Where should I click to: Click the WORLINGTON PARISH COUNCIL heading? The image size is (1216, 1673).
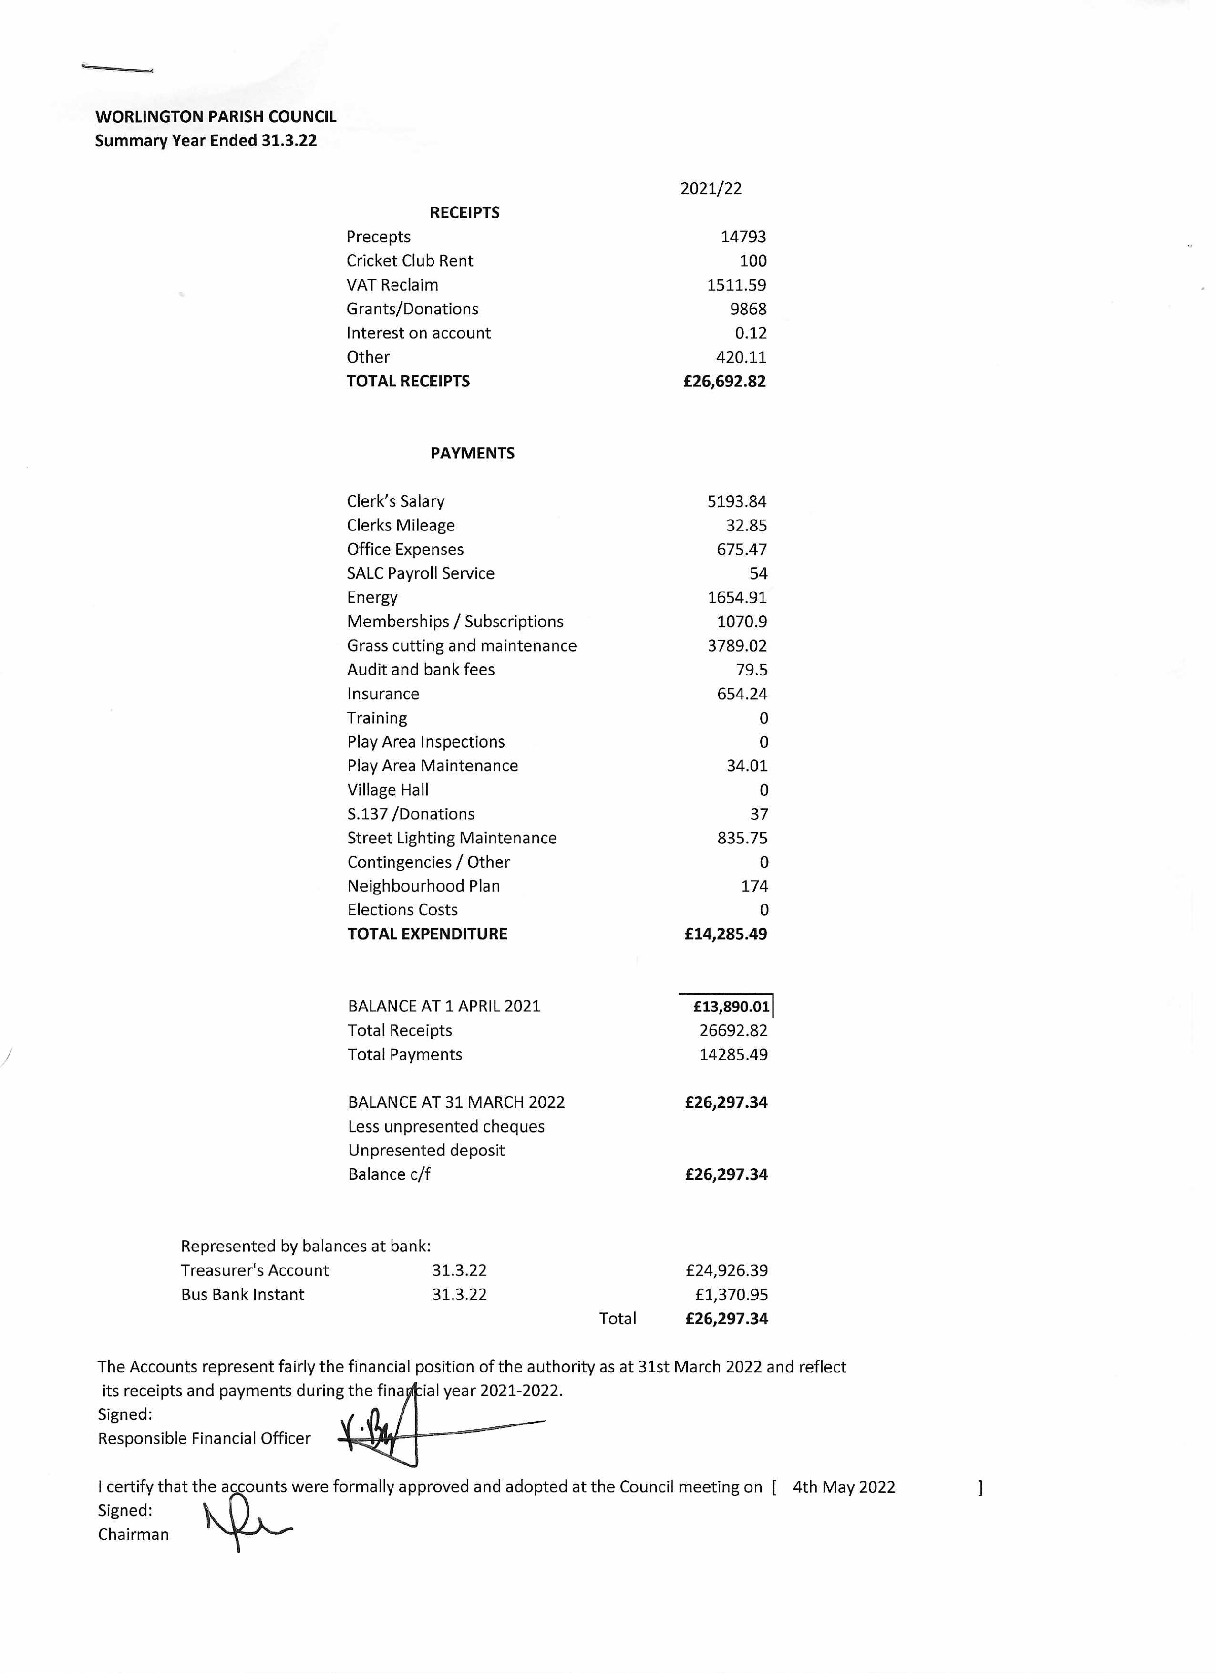pos(216,116)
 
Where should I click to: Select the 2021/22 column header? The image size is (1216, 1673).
pos(710,189)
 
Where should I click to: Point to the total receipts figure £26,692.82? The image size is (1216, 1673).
pos(724,381)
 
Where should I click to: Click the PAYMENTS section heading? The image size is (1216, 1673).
pos(472,453)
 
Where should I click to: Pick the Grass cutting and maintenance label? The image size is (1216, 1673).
pos(462,645)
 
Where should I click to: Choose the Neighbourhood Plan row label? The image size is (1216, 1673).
pos(423,886)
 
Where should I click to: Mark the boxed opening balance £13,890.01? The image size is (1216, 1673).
pos(730,1006)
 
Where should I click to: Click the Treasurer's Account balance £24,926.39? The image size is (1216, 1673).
pos(726,1270)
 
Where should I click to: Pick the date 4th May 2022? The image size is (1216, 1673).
pos(843,1487)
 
